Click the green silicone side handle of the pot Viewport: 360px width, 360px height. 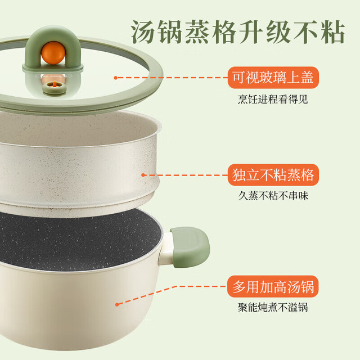191,247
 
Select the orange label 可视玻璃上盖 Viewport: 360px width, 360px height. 273,78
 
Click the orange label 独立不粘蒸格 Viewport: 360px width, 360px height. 273,175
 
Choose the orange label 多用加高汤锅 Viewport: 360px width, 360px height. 273,286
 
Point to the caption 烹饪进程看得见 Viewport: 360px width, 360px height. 273,100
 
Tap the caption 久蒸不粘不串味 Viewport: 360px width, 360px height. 273,196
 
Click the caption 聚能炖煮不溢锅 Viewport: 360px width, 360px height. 273,307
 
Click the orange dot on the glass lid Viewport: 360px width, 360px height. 116,78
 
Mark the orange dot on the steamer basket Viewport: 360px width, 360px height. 143,175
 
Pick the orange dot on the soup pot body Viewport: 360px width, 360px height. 117,305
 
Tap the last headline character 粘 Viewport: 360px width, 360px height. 332,31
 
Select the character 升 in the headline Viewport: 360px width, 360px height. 251,31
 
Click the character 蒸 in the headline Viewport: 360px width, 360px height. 197,31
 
